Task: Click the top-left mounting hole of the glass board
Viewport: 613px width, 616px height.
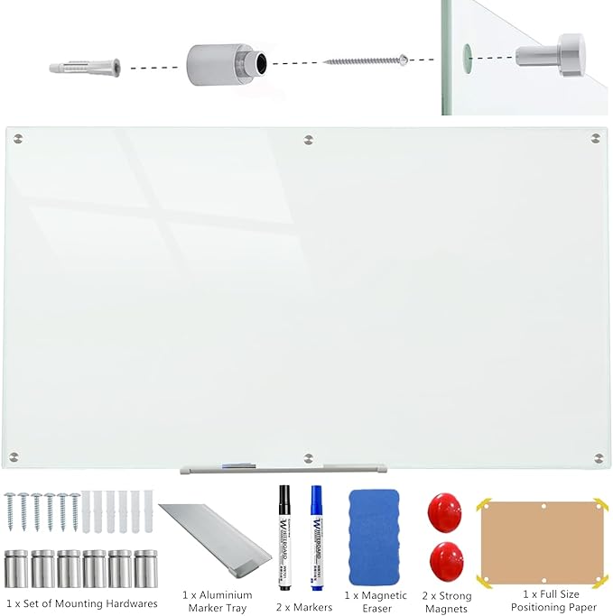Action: [x=19, y=139]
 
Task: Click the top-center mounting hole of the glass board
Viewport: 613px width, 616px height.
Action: [x=309, y=139]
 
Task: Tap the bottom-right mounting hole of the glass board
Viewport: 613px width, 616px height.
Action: [x=596, y=456]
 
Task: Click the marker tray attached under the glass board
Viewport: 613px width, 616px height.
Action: [x=283, y=468]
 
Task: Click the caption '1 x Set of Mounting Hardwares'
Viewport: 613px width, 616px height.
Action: [x=81, y=603]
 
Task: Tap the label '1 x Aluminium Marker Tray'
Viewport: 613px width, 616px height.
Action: [x=217, y=602]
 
